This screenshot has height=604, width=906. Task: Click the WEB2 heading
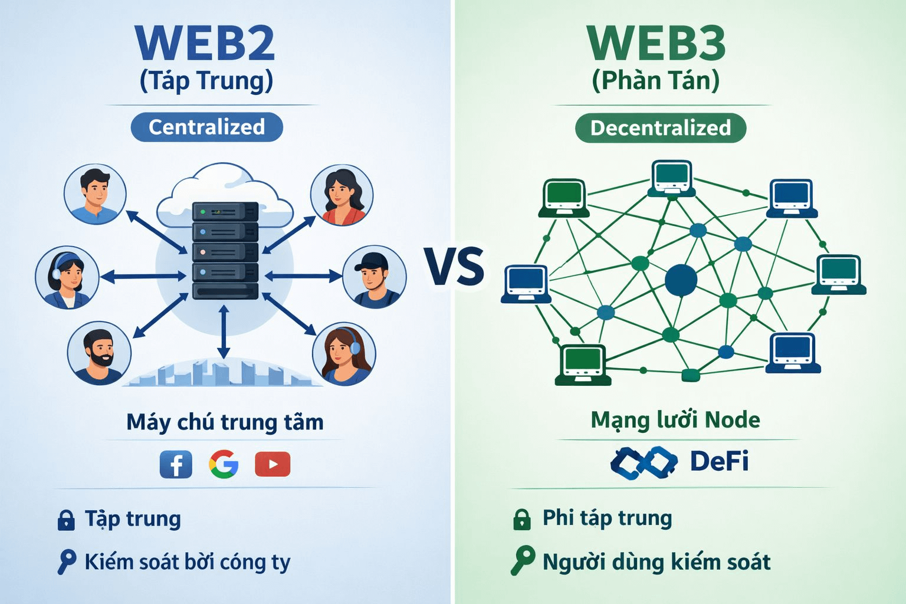[x=205, y=43]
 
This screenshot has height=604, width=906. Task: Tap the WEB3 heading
[x=656, y=43]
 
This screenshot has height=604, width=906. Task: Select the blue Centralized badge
[x=206, y=127]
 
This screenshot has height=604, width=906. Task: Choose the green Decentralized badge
[x=660, y=128]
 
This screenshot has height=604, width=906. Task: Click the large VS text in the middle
[x=454, y=267]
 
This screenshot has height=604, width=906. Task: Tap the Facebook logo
[x=176, y=464]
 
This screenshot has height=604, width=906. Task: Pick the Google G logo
[x=224, y=464]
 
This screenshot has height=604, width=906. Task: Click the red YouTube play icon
[x=273, y=464]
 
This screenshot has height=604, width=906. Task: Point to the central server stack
[x=225, y=251]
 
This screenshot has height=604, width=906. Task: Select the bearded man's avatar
[x=99, y=354]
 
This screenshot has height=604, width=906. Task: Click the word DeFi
[x=719, y=461]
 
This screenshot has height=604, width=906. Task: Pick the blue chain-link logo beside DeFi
[x=644, y=462]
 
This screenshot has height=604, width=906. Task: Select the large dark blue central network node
[x=681, y=280]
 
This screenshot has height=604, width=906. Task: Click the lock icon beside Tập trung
[x=66, y=520]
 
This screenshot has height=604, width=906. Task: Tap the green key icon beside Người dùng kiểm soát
[x=523, y=560]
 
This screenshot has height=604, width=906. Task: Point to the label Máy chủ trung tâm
[x=225, y=422]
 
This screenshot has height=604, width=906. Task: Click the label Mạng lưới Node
[x=675, y=420]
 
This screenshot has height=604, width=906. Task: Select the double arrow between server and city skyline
[x=223, y=332]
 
